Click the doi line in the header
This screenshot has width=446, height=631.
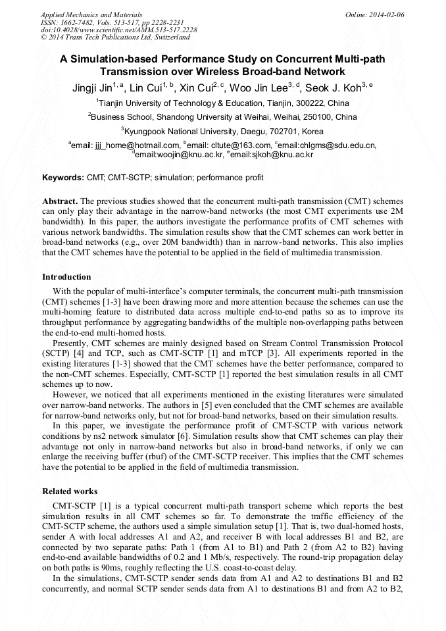click(118, 30)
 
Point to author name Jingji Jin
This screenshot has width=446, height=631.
click(91, 88)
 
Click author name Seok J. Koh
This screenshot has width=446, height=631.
click(329, 88)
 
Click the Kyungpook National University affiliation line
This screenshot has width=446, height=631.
click(223, 131)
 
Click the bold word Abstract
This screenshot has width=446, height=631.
click(60, 200)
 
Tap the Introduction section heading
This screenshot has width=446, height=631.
click(66, 277)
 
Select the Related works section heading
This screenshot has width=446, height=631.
click(70, 492)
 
